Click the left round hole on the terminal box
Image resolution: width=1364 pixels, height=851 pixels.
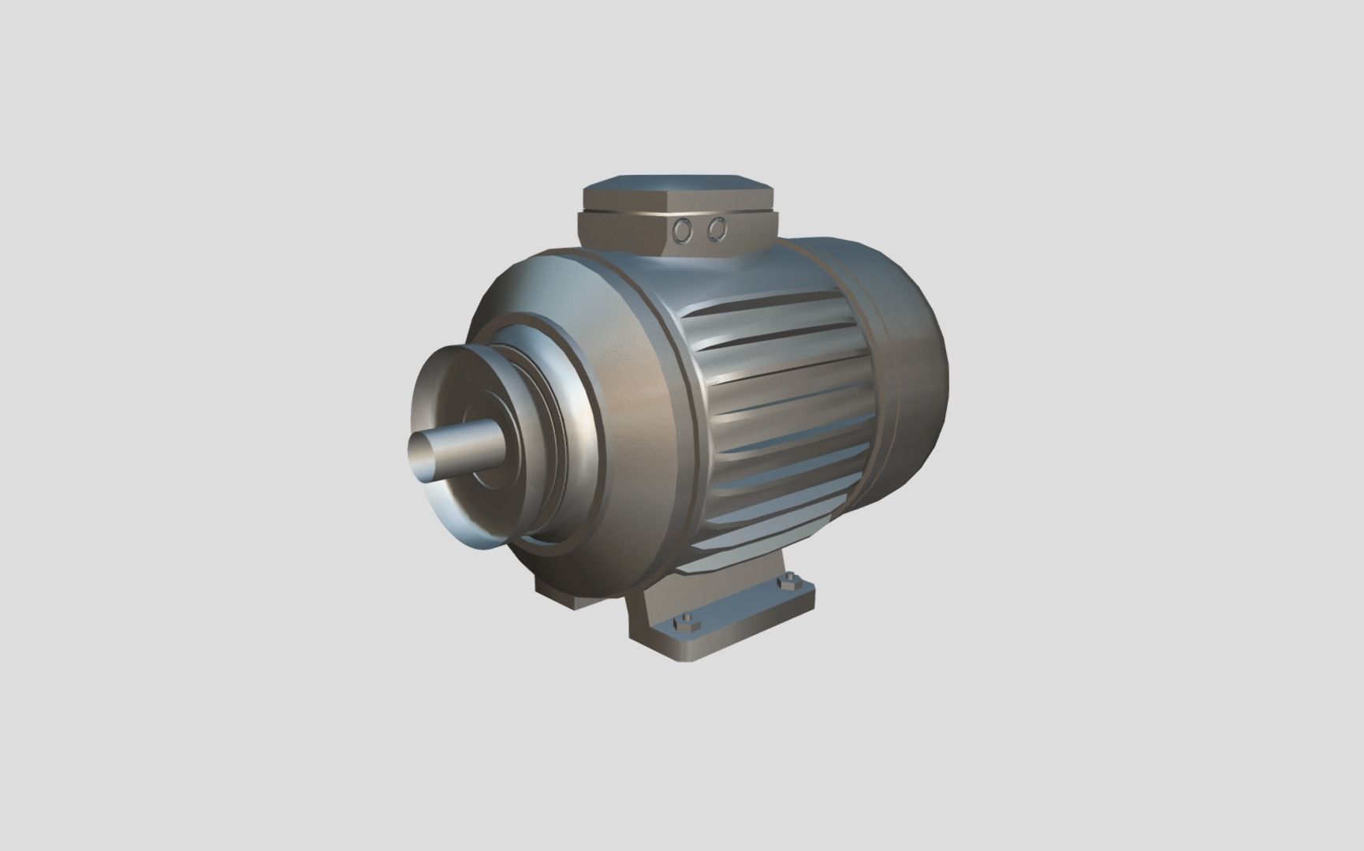tap(683, 230)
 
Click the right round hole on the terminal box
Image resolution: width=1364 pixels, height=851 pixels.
tap(716, 228)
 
